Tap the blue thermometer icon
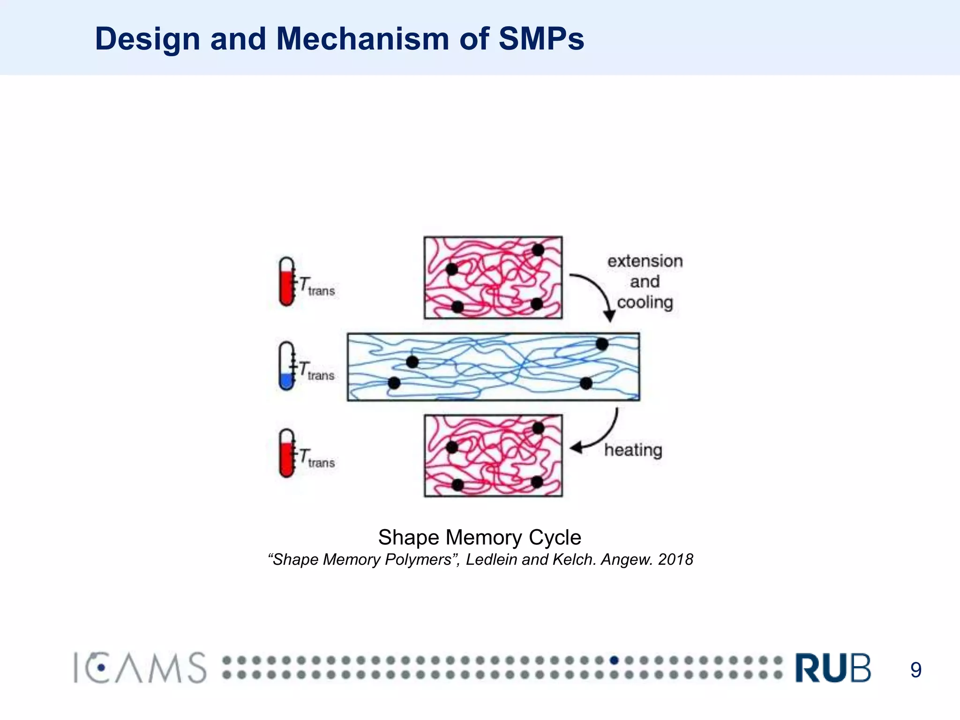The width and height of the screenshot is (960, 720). (286, 366)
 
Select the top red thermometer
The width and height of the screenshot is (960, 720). (286, 281)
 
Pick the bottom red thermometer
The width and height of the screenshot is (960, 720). (286, 453)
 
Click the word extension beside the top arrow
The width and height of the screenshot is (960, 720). (645, 261)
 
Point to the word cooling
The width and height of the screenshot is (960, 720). (645, 302)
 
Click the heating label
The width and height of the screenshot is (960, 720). (633, 450)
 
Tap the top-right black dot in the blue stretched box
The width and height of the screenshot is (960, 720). (602, 345)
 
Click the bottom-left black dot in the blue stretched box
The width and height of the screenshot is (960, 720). (394, 383)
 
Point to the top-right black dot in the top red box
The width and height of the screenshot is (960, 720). (538, 250)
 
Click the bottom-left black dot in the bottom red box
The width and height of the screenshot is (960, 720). (457, 485)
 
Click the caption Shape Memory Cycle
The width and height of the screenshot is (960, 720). (480, 537)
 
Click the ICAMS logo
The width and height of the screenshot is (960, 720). (140, 667)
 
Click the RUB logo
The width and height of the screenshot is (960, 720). (833, 667)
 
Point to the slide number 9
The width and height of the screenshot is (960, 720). (915, 670)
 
